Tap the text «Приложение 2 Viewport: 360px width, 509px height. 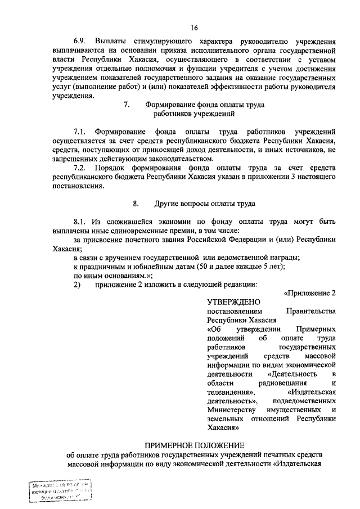point(310,293)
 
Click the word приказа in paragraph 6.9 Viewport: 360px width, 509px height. point(177,51)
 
